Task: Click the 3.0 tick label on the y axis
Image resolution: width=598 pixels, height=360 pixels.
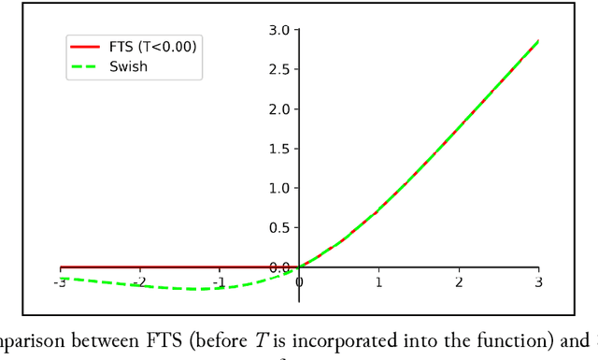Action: click(x=278, y=30)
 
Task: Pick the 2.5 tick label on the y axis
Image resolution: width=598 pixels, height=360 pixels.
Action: click(x=278, y=70)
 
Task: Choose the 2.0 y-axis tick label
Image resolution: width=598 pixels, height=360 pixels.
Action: click(x=278, y=109)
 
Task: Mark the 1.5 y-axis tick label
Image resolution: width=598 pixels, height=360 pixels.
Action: click(x=278, y=149)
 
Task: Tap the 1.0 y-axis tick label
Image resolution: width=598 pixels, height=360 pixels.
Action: click(x=278, y=188)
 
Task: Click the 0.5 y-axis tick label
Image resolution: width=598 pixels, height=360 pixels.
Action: click(x=278, y=228)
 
